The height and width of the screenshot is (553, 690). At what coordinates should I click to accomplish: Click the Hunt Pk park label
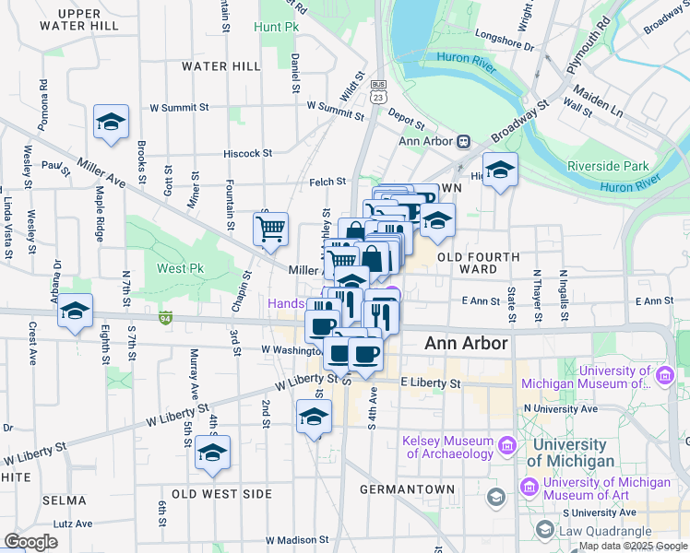tap(280, 29)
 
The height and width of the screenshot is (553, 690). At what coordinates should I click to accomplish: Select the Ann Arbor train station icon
tap(462, 141)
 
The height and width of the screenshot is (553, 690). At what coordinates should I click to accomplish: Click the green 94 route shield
tap(166, 318)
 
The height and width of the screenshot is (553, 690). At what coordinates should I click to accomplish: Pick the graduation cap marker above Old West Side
tap(212, 453)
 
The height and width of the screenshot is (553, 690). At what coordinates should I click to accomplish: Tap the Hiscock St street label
tap(248, 153)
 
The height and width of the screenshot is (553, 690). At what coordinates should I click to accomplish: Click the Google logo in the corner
tap(31, 541)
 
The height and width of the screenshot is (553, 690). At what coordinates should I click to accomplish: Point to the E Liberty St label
tap(429, 382)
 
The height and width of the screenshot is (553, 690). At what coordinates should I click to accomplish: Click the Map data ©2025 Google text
tap(633, 546)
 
